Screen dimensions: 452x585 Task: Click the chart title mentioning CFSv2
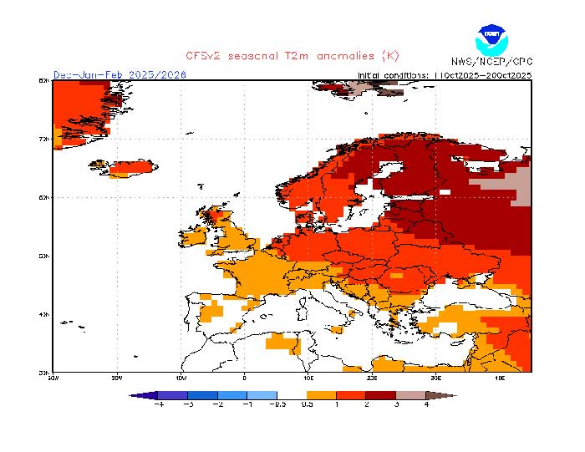pos(292,56)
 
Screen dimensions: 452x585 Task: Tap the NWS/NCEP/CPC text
pos(491,61)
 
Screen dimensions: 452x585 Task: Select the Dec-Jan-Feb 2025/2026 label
pos(120,74)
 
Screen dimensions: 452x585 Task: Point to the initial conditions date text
pos(444,74)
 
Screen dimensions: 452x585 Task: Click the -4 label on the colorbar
pos(159,404)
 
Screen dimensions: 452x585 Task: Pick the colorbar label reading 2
pos(366,404)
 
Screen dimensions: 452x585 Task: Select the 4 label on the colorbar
pos(425,404)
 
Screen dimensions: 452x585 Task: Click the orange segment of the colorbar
pos(322,394)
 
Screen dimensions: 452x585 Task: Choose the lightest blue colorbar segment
pos(262,394)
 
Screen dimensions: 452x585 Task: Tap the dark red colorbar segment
pos(381,394)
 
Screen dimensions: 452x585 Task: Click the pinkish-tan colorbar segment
pos(410,394)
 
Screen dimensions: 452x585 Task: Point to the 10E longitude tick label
pos(308,378)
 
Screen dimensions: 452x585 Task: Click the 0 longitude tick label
pos(245,378)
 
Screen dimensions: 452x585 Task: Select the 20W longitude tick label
pos(117,378)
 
